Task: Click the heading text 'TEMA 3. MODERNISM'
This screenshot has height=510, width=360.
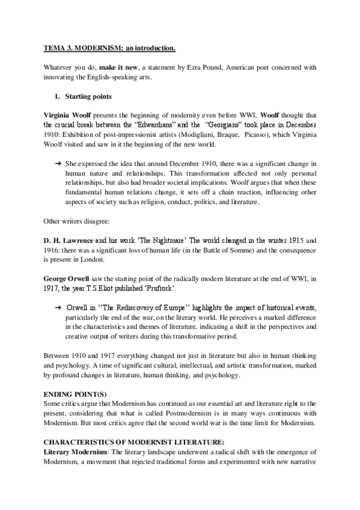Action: (84, 47)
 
